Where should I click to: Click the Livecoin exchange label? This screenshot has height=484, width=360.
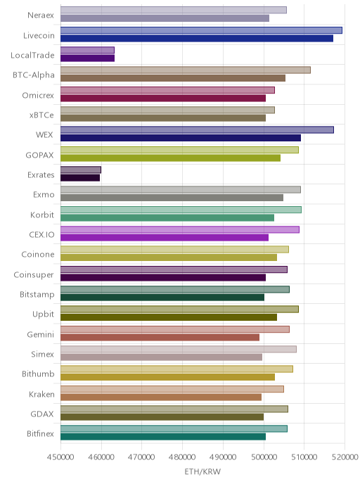[39, 35]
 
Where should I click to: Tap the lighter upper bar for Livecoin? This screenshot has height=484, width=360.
[201, 30]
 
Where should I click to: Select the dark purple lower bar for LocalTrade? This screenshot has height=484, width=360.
[87, 58]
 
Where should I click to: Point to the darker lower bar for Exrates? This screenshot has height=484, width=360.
[80, 178]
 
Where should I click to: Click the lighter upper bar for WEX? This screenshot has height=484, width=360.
[197, 130]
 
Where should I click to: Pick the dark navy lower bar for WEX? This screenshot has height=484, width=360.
[181, 138]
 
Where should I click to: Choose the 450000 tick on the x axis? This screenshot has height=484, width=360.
[60, 457]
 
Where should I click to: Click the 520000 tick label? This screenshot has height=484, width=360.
[345, 457]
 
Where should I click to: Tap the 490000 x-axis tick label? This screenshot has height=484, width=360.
[223, 457]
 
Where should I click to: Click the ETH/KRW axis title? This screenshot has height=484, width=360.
[202, 471]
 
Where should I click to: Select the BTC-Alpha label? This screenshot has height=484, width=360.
[34, 75]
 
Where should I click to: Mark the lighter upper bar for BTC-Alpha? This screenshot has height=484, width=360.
[186, 70]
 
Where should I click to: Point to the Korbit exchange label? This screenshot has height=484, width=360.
[42, 215]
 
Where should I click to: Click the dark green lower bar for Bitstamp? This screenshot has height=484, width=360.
[162, 298]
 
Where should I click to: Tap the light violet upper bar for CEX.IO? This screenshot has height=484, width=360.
[180, 229]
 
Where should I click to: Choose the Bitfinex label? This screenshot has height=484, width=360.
[40, 433]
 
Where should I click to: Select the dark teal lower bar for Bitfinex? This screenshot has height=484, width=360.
[163, 437]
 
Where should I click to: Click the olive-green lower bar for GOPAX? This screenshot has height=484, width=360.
[170, 158]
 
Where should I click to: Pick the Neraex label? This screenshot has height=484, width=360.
[41, 15]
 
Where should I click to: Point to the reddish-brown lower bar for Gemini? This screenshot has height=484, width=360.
[160, 338]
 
